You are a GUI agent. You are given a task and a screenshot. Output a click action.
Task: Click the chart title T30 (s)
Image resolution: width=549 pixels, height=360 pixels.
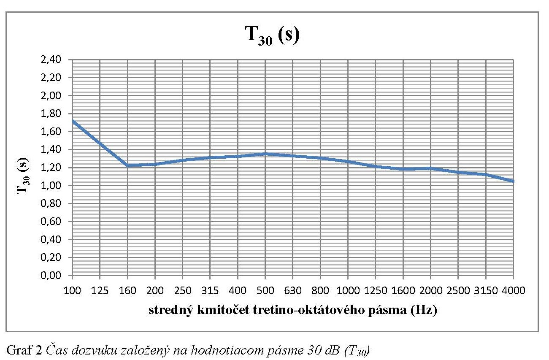pos(273,35)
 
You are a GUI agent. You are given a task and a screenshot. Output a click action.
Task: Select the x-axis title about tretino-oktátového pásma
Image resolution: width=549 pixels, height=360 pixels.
pos(292,311)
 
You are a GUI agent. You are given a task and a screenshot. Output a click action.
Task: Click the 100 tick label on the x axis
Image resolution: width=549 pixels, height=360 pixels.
pos(73,291)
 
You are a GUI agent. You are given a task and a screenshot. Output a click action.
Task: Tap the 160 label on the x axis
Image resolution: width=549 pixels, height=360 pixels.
pos(127,291)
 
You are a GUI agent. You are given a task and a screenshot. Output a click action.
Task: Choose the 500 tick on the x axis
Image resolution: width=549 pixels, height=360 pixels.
pos(265,291)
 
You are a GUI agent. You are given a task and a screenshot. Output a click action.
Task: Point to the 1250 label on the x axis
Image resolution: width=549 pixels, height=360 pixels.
pos(375,291)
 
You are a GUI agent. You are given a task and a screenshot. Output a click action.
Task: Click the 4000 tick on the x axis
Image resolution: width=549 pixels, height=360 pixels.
pos(513,291)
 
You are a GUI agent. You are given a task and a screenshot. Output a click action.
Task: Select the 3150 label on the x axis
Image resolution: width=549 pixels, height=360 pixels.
pos(485,291)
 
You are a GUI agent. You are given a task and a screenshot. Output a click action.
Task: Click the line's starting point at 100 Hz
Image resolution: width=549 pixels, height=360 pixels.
pos(73,121)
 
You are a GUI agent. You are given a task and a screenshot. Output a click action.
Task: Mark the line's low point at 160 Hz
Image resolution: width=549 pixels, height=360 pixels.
pos(127,165)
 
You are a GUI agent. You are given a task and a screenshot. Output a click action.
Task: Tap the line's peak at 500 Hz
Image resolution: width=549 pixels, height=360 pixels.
pos(265,154)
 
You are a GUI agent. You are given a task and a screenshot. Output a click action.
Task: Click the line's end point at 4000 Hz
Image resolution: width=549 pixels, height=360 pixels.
pos(513,181)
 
